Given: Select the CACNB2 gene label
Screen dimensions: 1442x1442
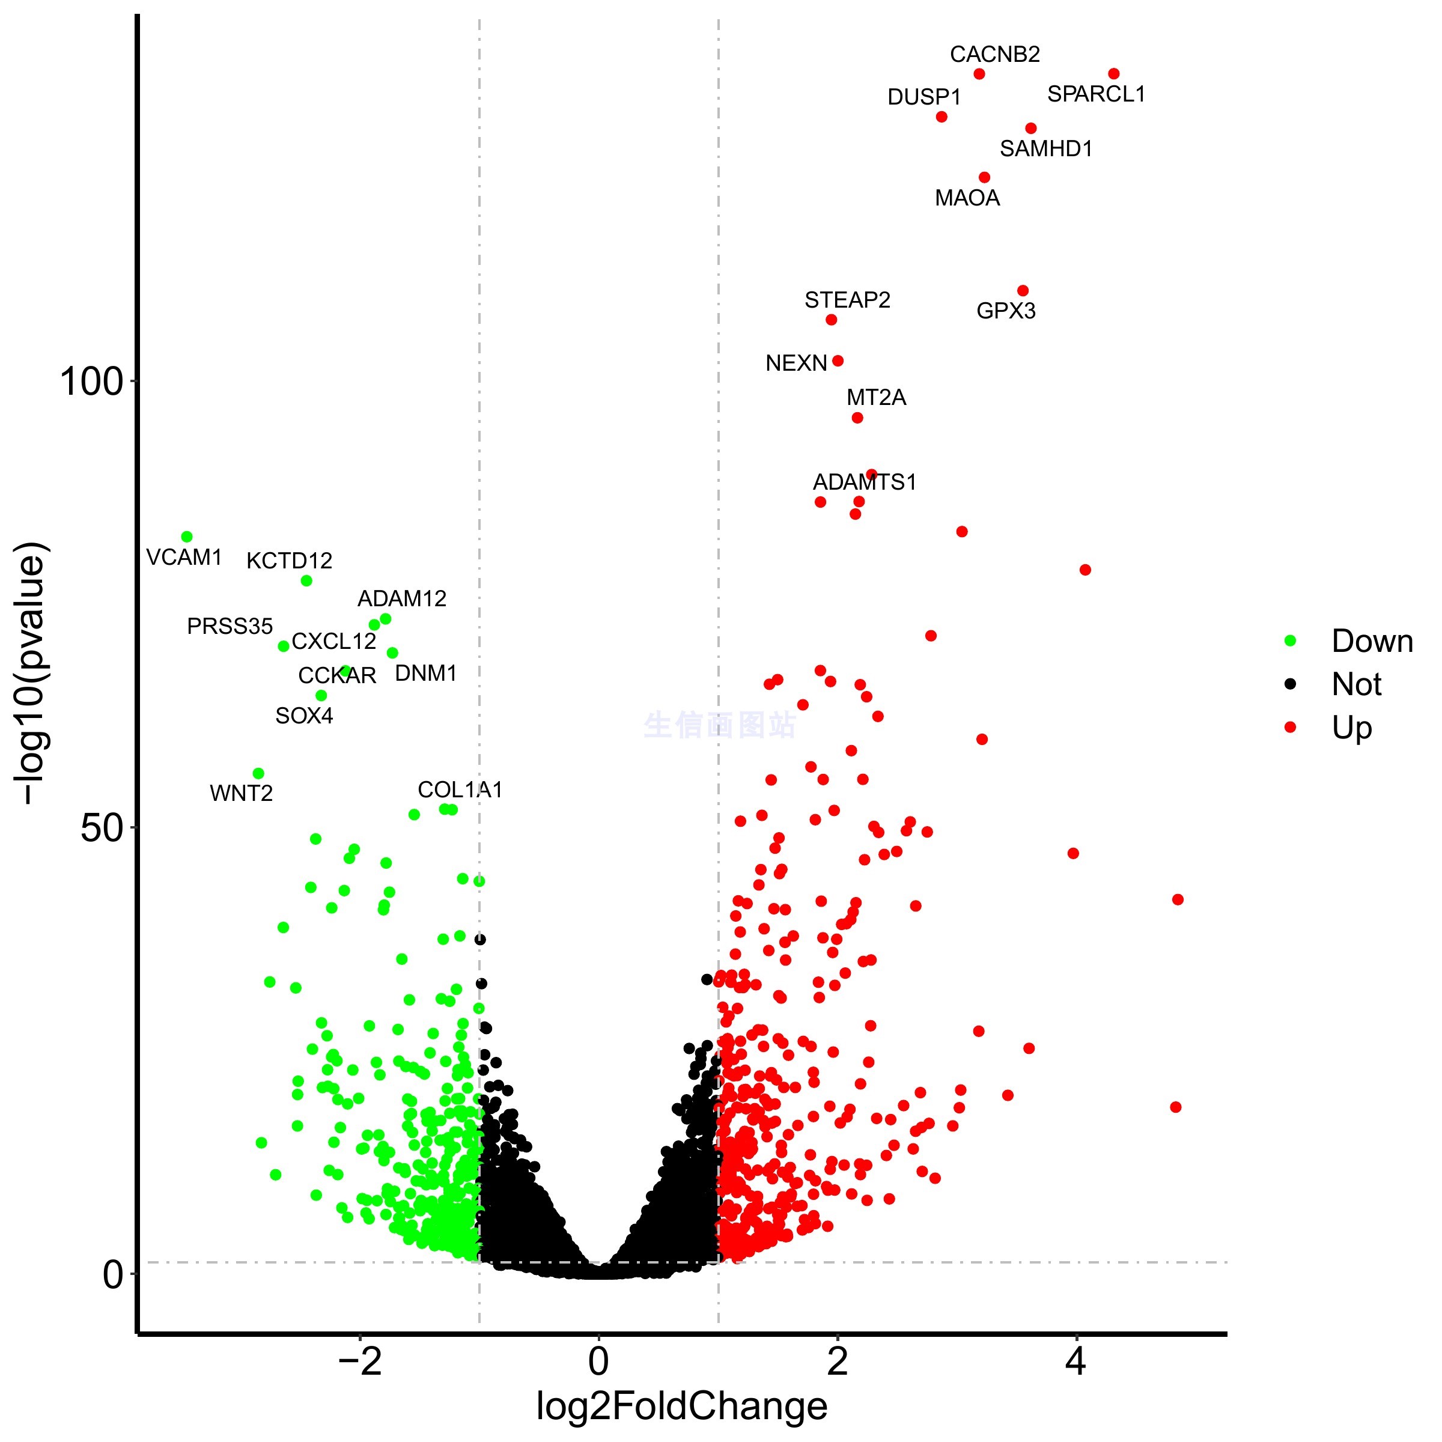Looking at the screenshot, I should [x=994, y=55].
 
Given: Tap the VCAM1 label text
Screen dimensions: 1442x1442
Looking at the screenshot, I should [x=184, y=558].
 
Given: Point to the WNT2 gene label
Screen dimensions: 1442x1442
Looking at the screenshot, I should [x=241, y=793].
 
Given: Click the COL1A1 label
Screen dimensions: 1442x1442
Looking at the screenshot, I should [x=460, y=789].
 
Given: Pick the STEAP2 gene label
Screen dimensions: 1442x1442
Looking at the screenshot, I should [x=847, y=300].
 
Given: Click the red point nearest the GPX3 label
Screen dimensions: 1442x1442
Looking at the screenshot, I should [x=1023, y=291].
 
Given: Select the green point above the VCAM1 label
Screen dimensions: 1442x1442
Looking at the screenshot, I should [x=187, y=537].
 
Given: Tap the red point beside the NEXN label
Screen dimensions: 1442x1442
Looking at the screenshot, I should [x=838, y=361].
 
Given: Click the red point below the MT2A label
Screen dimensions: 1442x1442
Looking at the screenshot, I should [x=857, y=418].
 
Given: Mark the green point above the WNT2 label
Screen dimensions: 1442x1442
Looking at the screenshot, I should [x=258, y=773].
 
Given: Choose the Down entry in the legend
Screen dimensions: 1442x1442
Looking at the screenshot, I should [x=1372, y=641].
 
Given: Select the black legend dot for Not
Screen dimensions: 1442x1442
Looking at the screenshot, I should [x=1291, y=684].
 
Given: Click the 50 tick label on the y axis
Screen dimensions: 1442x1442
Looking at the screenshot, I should [x=102, y=827].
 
